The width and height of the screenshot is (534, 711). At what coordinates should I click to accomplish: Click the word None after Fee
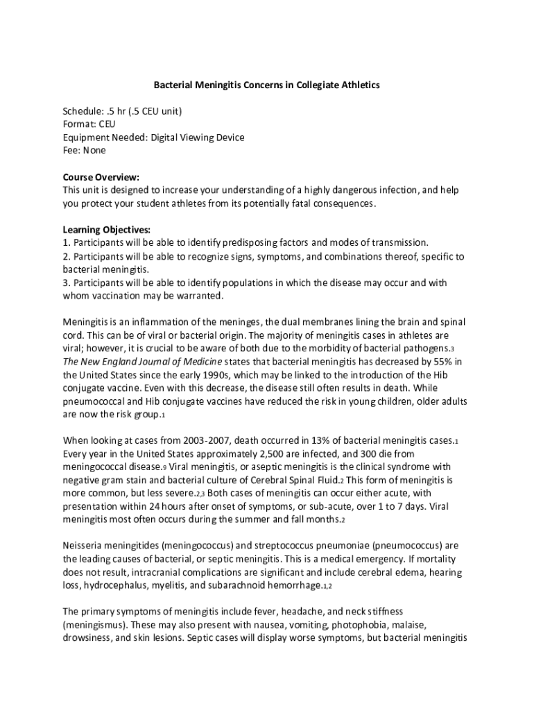tap(94, 151)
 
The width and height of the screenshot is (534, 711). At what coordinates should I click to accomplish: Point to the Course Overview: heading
tap(101, 177)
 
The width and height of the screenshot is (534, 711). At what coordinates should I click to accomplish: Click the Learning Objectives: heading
tap(106, 229)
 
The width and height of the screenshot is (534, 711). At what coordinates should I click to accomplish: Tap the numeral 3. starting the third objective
tap(67, 283)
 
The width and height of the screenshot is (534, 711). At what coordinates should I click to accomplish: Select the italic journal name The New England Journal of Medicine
tap(143, 362)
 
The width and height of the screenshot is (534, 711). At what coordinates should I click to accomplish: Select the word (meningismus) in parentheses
tap(98, 625)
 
